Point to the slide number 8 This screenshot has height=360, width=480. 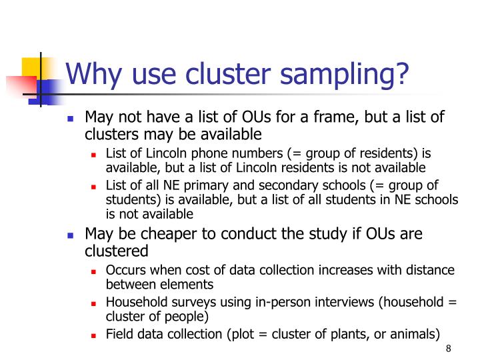(x=448, y=349)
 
